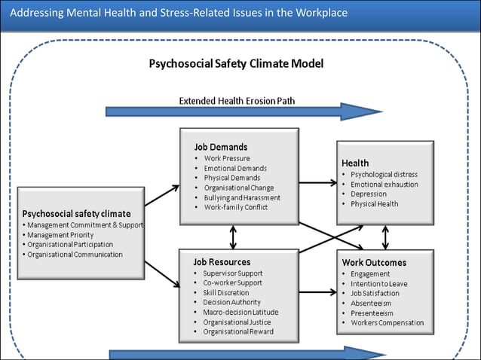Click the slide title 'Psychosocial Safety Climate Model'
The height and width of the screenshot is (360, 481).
(236, 64)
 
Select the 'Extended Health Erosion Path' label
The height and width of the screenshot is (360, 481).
(236, 100)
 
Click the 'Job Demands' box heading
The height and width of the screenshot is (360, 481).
(221, 146)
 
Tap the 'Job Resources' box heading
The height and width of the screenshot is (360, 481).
(222, 262)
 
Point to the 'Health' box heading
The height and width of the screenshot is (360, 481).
(355, 163)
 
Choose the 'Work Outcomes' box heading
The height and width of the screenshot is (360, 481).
(374, 262)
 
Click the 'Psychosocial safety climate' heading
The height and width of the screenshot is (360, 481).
(76, 213)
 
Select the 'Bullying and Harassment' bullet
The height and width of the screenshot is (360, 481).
(242, 197)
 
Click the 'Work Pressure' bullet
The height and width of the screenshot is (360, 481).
(228, 158)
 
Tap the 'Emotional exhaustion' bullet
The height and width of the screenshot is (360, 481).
(384, 184)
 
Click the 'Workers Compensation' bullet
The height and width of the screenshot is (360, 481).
(387, 323)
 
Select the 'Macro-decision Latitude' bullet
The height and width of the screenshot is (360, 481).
(240, 312)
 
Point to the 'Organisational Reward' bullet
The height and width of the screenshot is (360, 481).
(238, 331)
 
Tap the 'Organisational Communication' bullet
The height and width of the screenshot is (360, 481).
(75, 255)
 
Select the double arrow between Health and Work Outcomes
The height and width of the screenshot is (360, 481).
(385, 237)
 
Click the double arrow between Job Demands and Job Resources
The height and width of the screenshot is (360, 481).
(233, 237)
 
